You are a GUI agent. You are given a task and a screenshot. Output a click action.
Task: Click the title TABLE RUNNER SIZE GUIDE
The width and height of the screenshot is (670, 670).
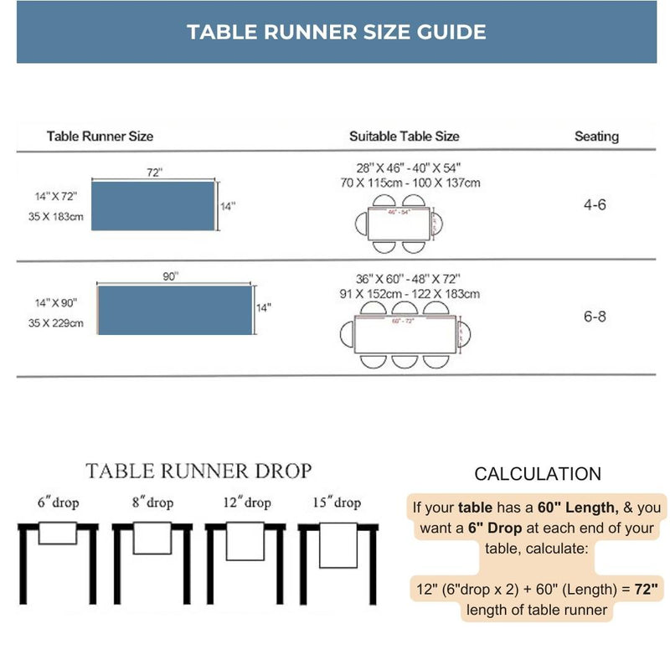(336, 32)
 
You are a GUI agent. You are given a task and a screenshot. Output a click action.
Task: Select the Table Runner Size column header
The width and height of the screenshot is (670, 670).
(100, 136)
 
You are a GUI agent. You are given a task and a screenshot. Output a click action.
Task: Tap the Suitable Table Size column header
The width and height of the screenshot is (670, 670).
(404, 136)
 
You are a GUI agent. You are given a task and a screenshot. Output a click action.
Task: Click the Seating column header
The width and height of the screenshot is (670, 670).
(596, 136)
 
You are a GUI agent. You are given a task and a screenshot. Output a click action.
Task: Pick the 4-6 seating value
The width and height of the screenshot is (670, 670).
(595, 204)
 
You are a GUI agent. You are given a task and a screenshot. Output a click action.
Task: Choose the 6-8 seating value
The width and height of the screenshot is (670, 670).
(595, 317)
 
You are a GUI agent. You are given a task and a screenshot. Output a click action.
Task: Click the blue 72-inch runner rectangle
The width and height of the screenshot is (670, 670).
(152, 205)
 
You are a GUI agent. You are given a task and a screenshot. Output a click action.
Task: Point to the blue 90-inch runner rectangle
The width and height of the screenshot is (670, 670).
(176, 310)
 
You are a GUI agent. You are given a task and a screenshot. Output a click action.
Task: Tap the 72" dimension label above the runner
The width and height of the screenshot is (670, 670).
(154, 172)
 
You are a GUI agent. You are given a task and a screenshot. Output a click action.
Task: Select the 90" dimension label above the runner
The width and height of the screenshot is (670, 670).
(172, 277)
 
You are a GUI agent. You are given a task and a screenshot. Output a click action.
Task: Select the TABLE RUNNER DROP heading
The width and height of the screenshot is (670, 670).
(198, 471)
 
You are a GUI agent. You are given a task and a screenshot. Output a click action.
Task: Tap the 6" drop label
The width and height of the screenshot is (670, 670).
(57, 502)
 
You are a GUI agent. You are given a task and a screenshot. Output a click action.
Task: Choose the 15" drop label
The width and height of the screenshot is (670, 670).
(336, 502)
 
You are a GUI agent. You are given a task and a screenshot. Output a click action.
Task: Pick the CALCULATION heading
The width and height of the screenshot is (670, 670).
(538, 474)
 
